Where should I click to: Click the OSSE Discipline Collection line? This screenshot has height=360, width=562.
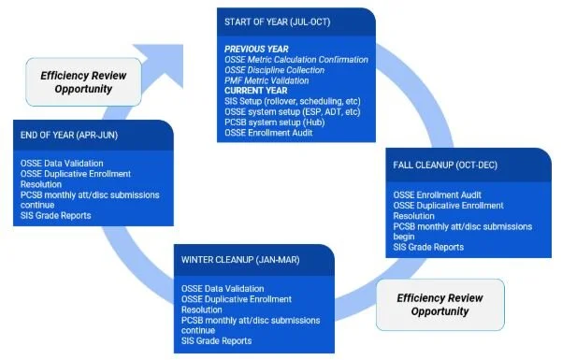(x=284, y=68)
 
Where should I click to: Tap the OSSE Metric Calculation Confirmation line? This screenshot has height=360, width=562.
(x=295, y=59)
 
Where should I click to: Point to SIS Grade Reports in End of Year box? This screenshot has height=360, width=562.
(x=57, y=216)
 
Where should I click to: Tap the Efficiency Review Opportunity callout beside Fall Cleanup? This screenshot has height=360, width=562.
(x=440, y=305)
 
